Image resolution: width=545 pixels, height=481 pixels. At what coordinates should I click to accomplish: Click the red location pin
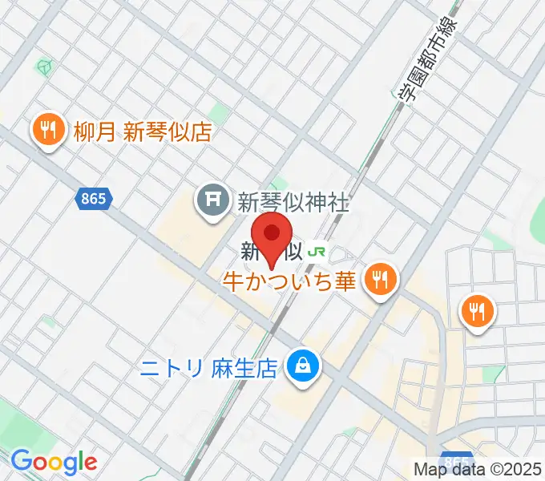click(x=272, y=234)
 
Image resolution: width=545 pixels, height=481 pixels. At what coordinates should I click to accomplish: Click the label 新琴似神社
click(x=293, y=203)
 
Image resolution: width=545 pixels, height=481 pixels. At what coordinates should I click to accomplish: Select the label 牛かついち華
click(x=289, y=281)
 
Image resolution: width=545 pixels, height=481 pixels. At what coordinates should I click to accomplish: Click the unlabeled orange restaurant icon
click(x=478, y=311)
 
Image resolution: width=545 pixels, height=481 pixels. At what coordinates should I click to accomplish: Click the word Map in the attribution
click(x=429, y=469)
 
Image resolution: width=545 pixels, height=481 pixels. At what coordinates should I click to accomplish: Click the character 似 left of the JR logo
click(x=292, y=251)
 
